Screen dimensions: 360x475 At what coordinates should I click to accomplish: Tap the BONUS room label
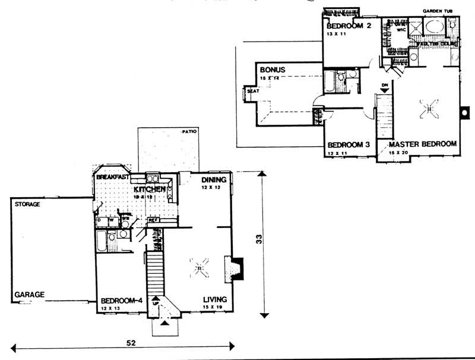point(273,70)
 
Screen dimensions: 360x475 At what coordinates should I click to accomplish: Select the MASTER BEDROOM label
point(422,144)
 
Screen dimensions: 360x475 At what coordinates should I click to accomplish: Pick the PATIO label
point(190,131)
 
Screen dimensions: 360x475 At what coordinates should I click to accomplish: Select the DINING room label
point(213,179)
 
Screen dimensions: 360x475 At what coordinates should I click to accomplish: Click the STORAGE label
point(27,204)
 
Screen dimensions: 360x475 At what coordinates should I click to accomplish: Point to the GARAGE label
point(27,294)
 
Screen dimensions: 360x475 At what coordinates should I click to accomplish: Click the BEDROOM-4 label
point(121,300)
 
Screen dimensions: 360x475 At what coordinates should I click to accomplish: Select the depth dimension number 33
point(258,240)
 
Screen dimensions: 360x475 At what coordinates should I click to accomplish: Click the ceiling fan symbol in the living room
point(201,269)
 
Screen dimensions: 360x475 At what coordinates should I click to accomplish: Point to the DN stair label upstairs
point(386,84)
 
